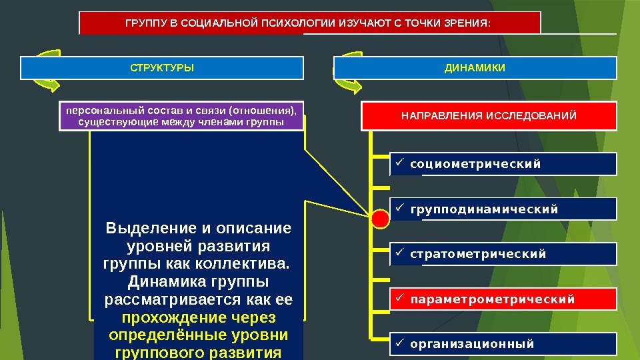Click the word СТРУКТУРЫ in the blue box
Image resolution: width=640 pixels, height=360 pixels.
[x=162, y=68]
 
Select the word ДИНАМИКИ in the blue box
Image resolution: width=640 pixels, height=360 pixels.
[x=475, y=68]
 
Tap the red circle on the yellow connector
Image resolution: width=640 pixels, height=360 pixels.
[x=380, y=217]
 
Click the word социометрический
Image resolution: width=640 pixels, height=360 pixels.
[x=475, y=164]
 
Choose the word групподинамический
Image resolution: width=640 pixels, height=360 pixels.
[x=484, y=210]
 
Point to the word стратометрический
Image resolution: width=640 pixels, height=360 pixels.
[x=478, y=254]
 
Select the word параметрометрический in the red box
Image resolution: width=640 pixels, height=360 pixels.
[x=492, y=299]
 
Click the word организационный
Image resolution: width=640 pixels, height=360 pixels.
[x=472, y=344]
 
